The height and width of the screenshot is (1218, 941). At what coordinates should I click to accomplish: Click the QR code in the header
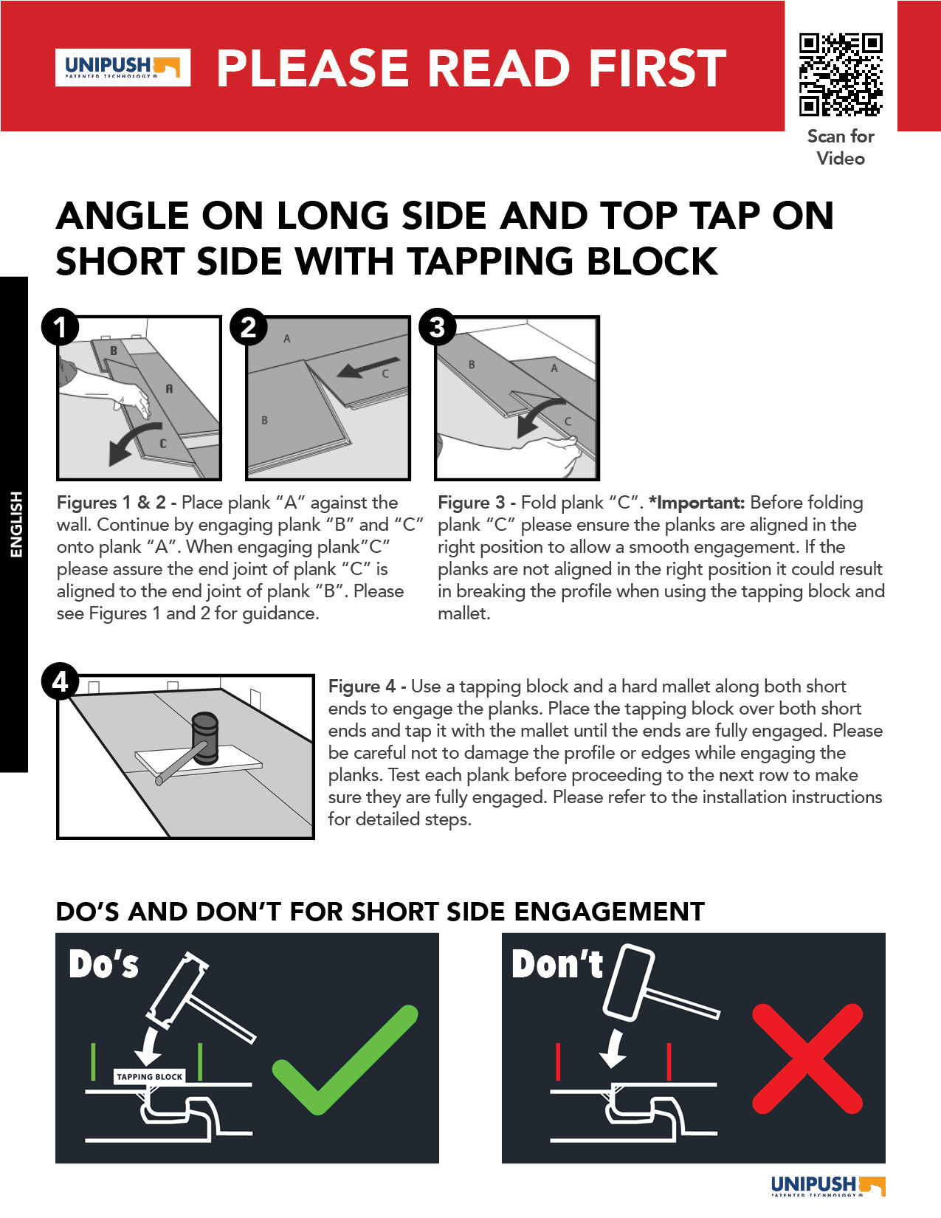pyautogui.click(x=840, y=75)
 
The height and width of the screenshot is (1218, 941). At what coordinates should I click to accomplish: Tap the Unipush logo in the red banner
pyautogui.click(x=123, y=67)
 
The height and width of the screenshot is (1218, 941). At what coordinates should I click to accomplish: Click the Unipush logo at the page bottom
pyautogui.click(x=828, y=1186)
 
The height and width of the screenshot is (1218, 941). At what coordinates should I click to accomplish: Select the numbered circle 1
pyautogui.click(x=60, y=327)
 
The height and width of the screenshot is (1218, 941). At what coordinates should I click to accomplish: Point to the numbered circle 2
pyautogui.click(x=248, y=327)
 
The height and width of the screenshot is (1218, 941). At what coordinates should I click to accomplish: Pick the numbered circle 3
pyautogui.click(x=437, y=327)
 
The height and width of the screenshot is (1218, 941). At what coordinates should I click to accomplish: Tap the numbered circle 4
pyautogui.click(x=60, y=681)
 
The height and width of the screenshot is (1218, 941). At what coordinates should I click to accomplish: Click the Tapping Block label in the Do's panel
pyautogui.click(x=150, y=1076)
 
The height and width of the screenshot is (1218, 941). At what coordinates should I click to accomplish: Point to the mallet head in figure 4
pyautogui.click(x=205, y=737)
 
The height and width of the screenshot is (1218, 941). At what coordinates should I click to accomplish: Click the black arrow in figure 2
pyautogui.click(x=368, y=368)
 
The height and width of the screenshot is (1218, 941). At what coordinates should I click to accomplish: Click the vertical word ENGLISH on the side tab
pyautogui.click(x=16, y=524)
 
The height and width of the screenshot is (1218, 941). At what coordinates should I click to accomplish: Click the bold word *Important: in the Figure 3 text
pyautogui.click(x=697, y=502)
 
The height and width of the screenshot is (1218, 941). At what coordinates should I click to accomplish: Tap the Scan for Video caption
pyautogui.click(x=840, y=147)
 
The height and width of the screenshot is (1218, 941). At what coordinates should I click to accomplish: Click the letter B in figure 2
pyautogui.click(x=264, y=420)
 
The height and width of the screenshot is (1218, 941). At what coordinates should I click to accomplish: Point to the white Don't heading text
pyautogui.click(x=557, y=964)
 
